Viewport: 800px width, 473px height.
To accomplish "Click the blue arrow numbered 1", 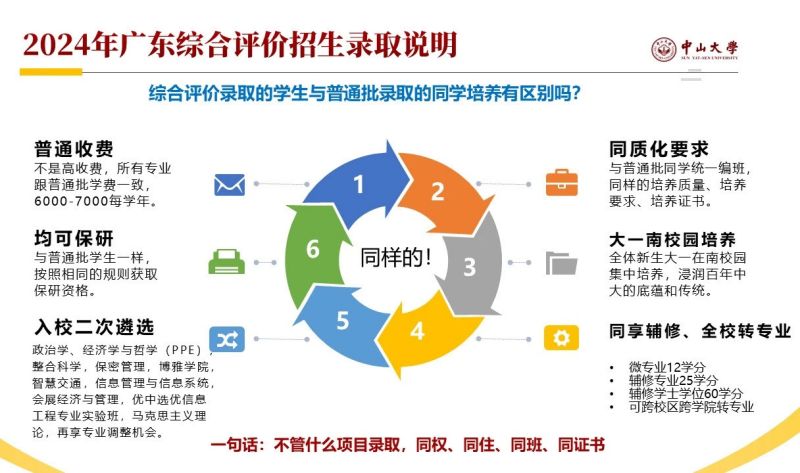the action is click(x=357, y=184).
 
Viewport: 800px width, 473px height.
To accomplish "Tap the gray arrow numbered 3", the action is click(x=470, y=265).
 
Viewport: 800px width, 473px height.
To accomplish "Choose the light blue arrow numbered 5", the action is click(x=342, y=321).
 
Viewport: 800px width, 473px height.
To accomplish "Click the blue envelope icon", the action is click(x=230, y=185).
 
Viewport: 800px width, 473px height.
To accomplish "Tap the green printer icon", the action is click(x=227, y=262).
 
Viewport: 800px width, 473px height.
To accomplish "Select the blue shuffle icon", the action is click(x=227, y=339).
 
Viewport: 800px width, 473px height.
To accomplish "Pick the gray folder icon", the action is click(x=561, y=263).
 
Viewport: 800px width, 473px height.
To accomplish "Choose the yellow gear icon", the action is click(x=561, y=338).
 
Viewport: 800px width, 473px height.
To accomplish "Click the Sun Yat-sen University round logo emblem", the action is click(x=664, y=50).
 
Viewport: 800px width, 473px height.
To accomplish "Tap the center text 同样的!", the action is click(x=396, y=257).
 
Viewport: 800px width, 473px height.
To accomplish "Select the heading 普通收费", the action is click(x=74, y=149).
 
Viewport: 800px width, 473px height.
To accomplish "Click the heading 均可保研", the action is click(x=74, y=238).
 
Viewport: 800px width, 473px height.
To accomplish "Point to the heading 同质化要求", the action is click(x=659, y=149).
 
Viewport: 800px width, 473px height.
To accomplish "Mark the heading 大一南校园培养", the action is click(x=672, y=239).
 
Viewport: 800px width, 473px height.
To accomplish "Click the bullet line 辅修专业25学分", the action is click(x=673, y=380).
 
